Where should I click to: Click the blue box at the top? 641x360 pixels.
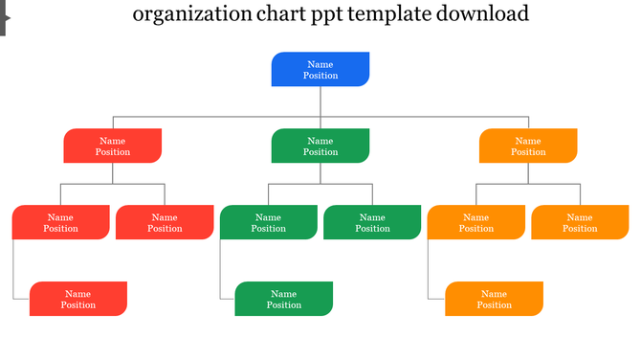[320, 69]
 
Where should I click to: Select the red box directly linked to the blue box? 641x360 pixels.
[113, 146]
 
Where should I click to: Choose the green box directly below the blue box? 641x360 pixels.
[320, 146]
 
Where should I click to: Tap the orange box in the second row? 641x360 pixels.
[528, 146]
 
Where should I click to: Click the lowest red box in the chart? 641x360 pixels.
[78, 299]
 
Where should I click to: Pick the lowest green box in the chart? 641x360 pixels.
[284, 299]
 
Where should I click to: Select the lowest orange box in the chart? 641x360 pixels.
[494, 299]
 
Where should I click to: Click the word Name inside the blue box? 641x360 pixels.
[320, 64]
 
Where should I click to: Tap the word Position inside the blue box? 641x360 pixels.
[320, 76]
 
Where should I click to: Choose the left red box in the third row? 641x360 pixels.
[61, 222]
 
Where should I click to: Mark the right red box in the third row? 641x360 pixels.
[165, 222]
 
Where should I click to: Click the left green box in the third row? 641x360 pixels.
[269, 222]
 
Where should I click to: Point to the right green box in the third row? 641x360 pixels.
[372, 222]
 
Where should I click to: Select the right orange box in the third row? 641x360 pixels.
[580, 222]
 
